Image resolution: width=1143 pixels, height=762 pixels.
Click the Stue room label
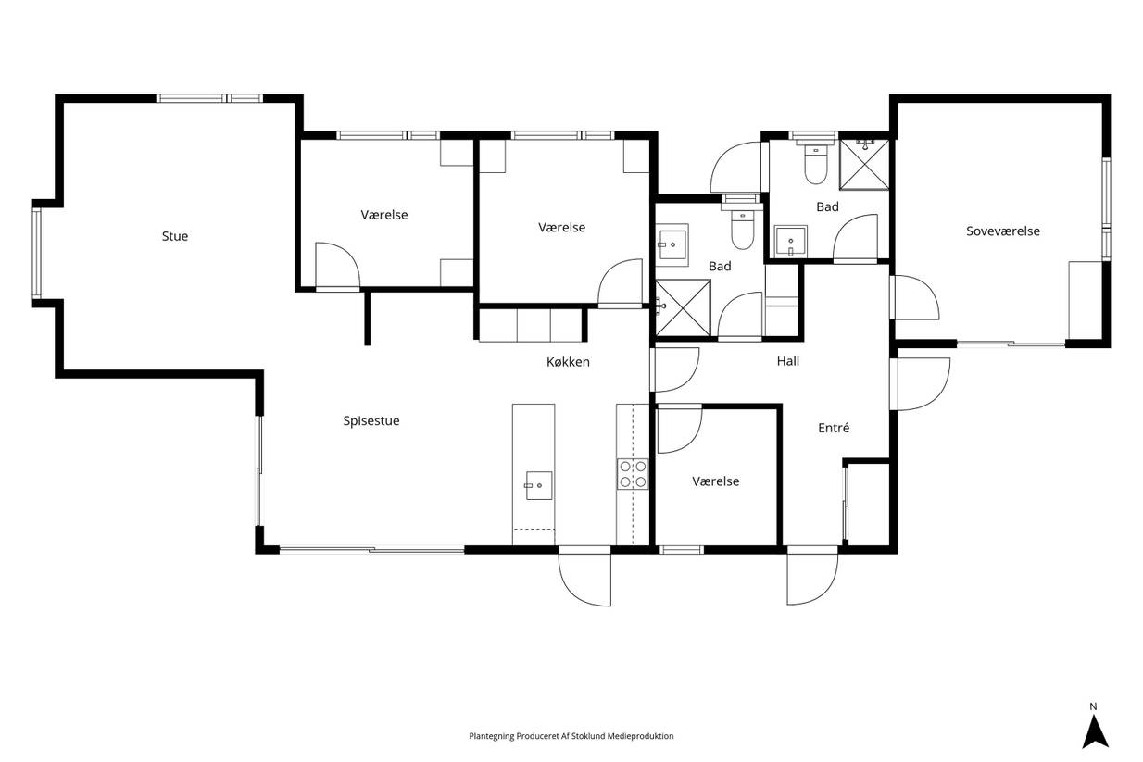coord(175,236)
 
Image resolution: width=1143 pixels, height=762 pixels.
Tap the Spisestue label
coord(371,421)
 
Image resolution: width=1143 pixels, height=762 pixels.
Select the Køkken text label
coord(568,362)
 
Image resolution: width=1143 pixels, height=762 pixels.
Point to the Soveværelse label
coord(1003,231)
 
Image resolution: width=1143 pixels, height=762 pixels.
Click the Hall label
coord(788,361)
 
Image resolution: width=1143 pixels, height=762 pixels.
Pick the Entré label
coord(834,428)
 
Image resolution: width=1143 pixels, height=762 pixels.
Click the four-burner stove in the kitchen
coord(633,474)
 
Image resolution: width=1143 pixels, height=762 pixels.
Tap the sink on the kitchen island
coord(539,485)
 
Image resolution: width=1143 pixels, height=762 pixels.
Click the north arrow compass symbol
coord(1095,732)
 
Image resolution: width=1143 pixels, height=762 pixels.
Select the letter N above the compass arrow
coord(1093,707)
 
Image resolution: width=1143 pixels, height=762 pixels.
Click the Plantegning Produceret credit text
coord(571,736)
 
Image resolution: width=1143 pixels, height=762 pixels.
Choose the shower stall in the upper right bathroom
coord(864,164)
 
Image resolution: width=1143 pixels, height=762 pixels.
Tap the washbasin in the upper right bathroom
coord(790,241)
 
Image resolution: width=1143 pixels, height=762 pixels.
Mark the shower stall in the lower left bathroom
coord(683,308)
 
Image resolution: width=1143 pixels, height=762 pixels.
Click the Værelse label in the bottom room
coord(715,481)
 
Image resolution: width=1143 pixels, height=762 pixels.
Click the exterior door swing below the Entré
coord(812,580)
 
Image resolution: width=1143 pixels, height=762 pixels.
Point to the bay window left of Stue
coord(37,254)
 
